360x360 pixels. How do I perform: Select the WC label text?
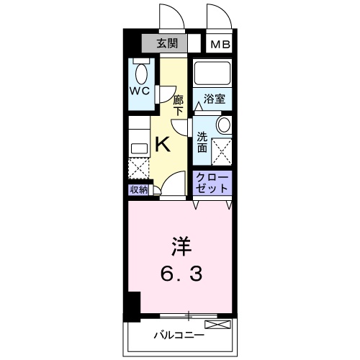(x=140, y=91)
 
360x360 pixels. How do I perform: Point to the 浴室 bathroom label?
(x=215, y=99)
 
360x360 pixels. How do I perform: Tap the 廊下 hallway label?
(x=179, y=105)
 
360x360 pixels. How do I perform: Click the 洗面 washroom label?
(x=202, y=142)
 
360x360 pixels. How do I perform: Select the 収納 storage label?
(x=139, y=189)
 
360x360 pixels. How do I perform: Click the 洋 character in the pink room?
(x=181, y=246)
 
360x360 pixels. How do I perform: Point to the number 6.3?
(x=181, y=274)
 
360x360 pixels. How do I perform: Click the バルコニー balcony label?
(x=179, y=334)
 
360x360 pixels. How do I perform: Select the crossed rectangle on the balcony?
(x=218, y=323)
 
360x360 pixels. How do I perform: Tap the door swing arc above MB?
(x=217, y=16)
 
